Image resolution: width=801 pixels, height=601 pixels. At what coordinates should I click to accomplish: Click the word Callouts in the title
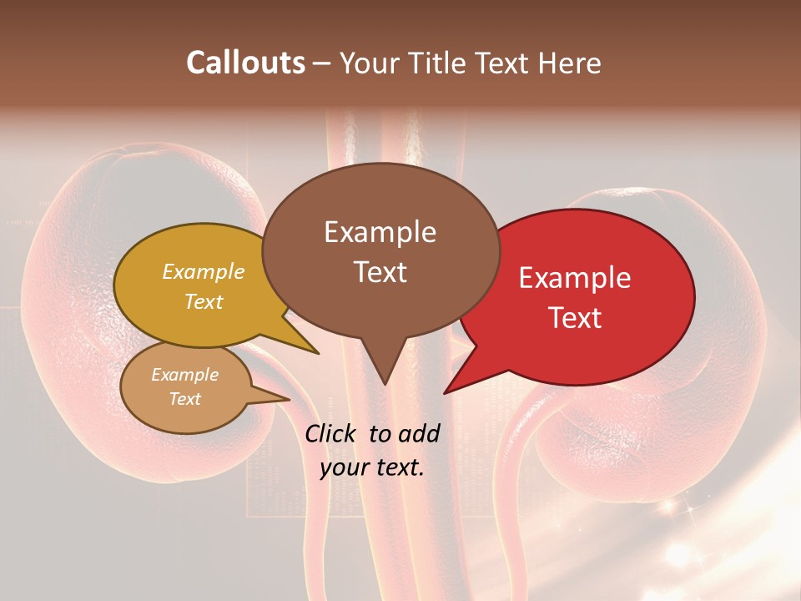coord(245,63)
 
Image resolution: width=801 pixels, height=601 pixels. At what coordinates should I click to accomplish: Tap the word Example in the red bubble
coord(575,278)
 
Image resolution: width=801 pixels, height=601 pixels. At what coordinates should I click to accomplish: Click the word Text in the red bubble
coord(575,318)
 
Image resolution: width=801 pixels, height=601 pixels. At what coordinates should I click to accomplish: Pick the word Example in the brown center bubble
coord(380,232)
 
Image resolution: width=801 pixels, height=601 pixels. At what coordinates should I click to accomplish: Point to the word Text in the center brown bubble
coord(380,272)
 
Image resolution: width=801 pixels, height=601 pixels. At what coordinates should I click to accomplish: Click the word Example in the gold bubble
coord(204,272)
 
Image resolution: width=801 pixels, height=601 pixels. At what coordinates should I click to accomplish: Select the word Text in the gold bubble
coord(204,301)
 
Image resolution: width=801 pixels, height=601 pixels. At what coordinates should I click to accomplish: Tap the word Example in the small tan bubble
coord(184,375)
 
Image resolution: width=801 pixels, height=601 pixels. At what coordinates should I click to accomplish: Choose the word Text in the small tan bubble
coord(184,399)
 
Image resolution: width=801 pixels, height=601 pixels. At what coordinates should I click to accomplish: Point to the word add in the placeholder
coord(418,433)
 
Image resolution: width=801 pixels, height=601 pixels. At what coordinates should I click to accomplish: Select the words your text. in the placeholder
coord(372,467)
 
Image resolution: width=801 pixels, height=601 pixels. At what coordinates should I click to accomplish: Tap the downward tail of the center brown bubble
coord(385,380)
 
